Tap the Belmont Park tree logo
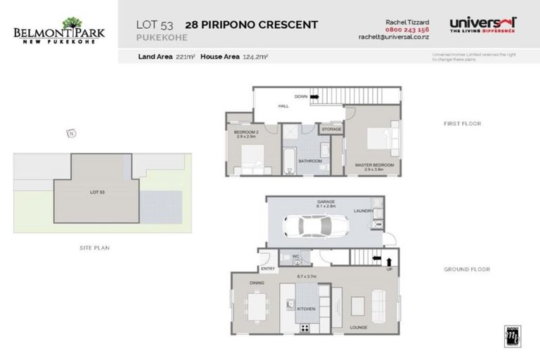point(72,24)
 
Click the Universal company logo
point(482,25)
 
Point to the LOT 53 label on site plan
point(97,191)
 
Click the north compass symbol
point(70,133)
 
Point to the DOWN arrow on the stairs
point(314,96)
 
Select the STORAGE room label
point(331,129)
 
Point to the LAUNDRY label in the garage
point(364,210)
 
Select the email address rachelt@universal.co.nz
point(394,37)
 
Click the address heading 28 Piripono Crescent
point(251,25)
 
